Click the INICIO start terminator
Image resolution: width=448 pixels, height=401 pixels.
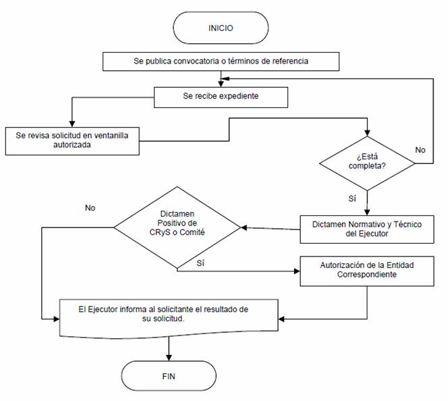(x=221, y=28)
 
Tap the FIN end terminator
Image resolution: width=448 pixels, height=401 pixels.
(x=169, y=376)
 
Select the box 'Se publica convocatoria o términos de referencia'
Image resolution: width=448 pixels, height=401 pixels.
(x=221, y=61)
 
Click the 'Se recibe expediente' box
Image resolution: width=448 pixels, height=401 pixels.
(x=221, y=97)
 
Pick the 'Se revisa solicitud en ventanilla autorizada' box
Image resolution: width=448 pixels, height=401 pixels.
(x=72, y=141)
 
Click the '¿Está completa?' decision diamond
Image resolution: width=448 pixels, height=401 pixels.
(x=367, y=163)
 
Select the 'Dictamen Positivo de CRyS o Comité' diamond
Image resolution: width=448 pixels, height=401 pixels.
(x=177, y=228)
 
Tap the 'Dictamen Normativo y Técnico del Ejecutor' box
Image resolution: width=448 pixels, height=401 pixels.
(x=367, y=230)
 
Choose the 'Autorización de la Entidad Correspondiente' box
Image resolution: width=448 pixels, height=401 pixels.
(x=367, y=271)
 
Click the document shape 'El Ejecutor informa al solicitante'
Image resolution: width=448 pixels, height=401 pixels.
(x=169, y=319)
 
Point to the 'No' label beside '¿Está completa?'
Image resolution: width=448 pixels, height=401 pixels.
(x=420, y=150)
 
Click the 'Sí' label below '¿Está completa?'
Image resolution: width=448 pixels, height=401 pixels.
(x=352, y=198)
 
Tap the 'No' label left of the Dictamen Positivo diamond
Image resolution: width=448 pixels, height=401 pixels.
(x=90, y=208)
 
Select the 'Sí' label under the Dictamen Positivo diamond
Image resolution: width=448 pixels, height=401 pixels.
(x=200, y=263)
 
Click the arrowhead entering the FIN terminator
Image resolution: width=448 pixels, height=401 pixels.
(x=169, y=358)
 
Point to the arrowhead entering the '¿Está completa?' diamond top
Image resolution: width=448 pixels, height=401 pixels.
(x=367, y=133)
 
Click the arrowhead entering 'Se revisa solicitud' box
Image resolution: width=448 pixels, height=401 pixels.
(x=72, y=124)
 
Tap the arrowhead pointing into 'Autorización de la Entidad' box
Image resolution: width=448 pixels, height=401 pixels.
(x=297, y=271)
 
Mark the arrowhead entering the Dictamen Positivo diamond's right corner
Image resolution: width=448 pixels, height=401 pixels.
(x=244, y=228)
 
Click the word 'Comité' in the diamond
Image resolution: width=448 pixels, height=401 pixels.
(x=192, y=232)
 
